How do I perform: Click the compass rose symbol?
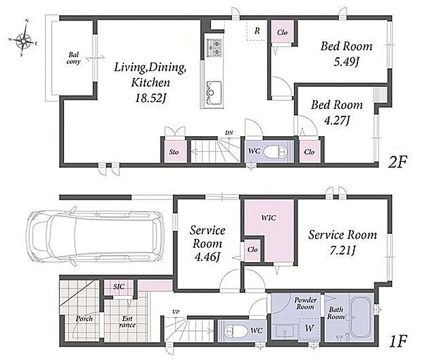point(24,40)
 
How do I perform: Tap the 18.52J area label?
point(150,99)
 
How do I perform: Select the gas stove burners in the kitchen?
point(214,48)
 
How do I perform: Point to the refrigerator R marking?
point(257,31)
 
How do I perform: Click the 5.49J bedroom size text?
point(346,63)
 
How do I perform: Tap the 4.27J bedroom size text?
point(336,120)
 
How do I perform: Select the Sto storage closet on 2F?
point(174,152)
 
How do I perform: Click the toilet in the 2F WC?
point(275,152)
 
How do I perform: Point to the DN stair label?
point(229,133)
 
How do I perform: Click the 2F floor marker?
point(397,162)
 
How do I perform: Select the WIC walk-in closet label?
point(269,217)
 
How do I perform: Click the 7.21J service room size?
point(342,250)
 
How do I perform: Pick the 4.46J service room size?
point(207,257)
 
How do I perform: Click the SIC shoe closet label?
point(118,287)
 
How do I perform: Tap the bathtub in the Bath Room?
point(360,318)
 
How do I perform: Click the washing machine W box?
point(309,328)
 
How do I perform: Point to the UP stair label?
point(176,312)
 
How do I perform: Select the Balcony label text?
point(74,58)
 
